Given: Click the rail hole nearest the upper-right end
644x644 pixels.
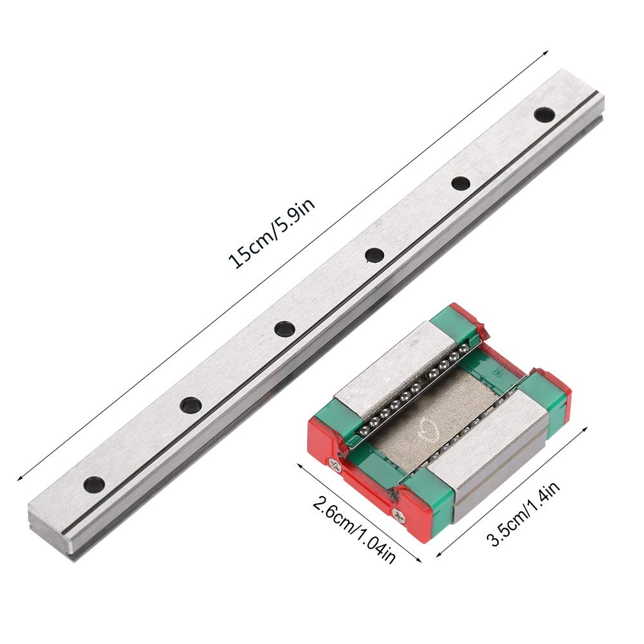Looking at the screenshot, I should point(544,115).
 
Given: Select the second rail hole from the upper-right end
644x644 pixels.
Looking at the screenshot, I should point(460,183).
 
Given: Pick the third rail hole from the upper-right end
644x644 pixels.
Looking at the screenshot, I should point(374,255).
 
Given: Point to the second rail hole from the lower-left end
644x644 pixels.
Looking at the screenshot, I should point(190,405).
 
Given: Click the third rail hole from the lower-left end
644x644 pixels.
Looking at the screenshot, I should point(284,329).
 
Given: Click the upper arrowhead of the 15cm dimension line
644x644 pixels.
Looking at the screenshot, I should point(546,52).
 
